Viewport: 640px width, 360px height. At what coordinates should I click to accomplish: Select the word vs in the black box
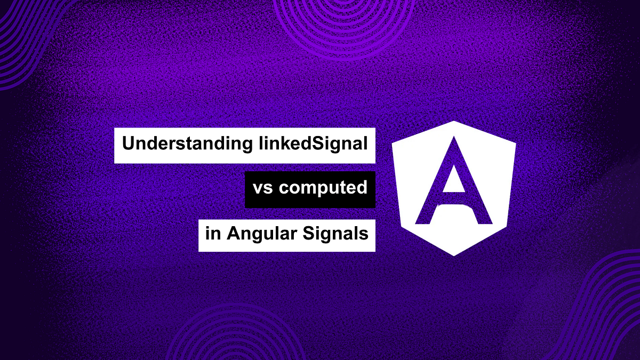[x=260, y=189]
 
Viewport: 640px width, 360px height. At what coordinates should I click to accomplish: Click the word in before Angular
[x=213, y=234]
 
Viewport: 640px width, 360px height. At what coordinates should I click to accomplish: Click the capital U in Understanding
[x=129, y=144]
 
